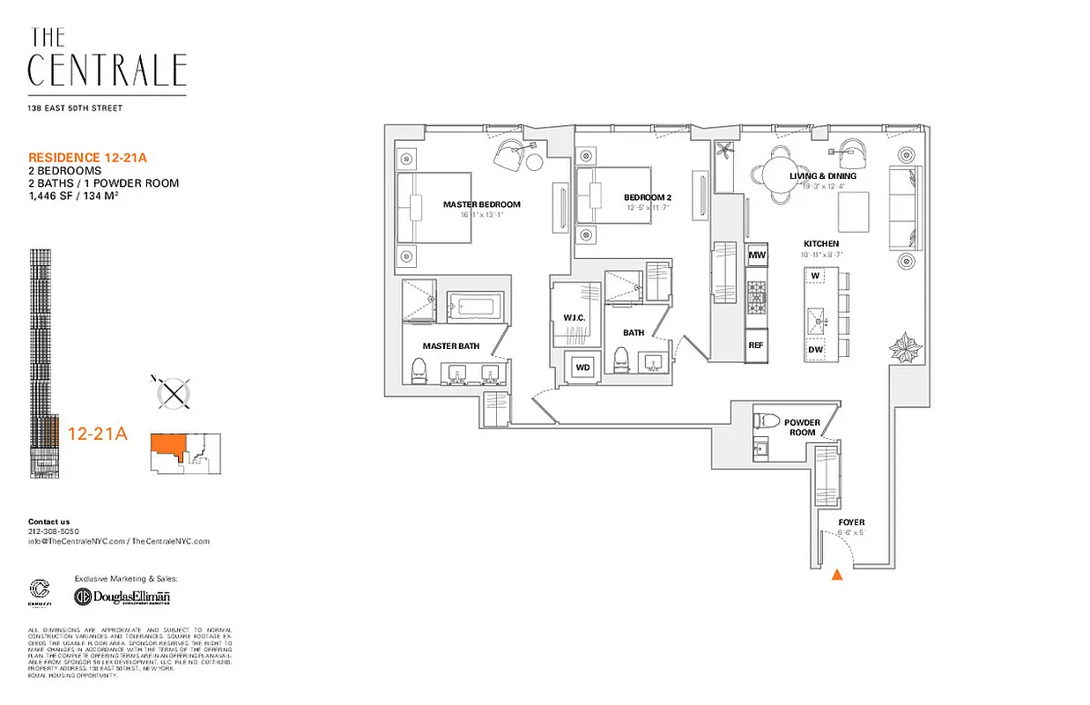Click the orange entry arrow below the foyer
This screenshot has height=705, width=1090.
[x=837, y=575]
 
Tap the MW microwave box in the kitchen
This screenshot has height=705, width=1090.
[x=756, y=256]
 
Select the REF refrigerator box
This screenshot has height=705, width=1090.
[x=755, y=345]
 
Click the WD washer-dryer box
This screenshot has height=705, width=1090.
[x=582, y=367]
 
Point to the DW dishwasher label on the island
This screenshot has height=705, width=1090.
[x=816, y=351]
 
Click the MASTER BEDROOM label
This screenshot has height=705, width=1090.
[x=481, y=204]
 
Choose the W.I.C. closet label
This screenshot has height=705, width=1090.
[x=575, y=317]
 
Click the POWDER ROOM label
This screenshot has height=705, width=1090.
[x=802, y=427]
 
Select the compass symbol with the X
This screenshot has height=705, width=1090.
[x=174, y=392]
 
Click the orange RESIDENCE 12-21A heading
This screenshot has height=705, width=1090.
[x=87, y=158]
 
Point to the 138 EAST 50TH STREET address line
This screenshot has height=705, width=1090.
[x=75, y=108]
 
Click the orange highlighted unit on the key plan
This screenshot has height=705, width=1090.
[x=168, y=445]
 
